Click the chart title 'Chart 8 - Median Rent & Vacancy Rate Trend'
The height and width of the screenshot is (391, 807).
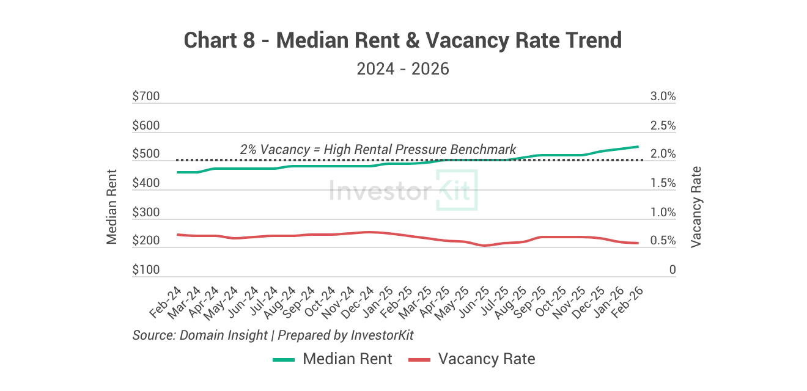(x=403, y=41)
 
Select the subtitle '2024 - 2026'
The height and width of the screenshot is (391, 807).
(x=403, y=68)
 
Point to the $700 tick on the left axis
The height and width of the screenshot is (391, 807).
(x=146, y=97)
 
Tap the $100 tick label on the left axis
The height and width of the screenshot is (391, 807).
(x=146, y=270)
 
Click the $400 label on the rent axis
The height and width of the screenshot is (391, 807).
(x=146, y=183)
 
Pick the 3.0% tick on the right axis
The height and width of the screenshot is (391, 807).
(x=663, y=97)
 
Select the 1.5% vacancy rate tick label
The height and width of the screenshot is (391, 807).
(x=663, y=183)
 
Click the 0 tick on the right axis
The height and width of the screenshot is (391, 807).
(x=672, y=270)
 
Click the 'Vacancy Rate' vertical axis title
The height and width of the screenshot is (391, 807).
(x=696, y=206)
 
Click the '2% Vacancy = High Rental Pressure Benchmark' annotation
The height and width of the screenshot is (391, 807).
(x=378, y=149)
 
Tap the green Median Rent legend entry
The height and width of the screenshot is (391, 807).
(x=333, y=359)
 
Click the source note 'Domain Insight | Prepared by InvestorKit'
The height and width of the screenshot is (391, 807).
(x=273, y=335)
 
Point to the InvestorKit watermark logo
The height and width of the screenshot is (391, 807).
(x=403, y=191)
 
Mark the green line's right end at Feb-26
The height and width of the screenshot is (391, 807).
(x=638, y=147)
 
